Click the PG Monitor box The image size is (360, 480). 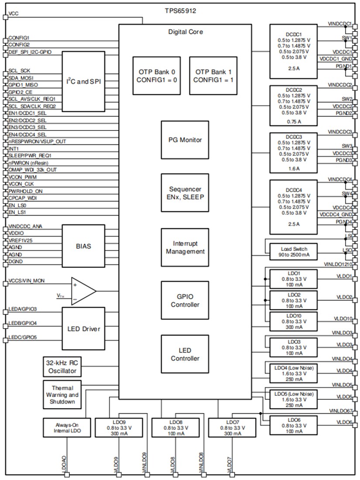(185, 140)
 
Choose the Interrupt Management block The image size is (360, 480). (185, 247)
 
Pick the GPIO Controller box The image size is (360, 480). (185, 301)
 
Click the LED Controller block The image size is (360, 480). (185, 354)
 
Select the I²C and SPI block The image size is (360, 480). (83, 81)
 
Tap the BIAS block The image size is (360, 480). (83, 245)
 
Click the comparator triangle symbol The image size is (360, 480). (83, 291)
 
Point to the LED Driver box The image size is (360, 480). (83, 328)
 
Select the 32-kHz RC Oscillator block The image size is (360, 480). (62, 367)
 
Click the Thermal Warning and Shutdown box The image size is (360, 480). (62, 394)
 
